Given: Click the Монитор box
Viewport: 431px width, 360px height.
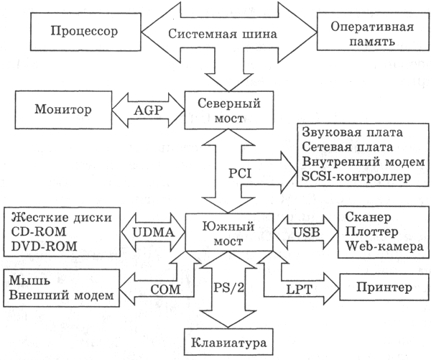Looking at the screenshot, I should click(62, 111).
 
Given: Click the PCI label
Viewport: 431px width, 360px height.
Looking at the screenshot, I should click(217, 175).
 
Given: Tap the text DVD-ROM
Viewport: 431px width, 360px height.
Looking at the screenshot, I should click(45, 246).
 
